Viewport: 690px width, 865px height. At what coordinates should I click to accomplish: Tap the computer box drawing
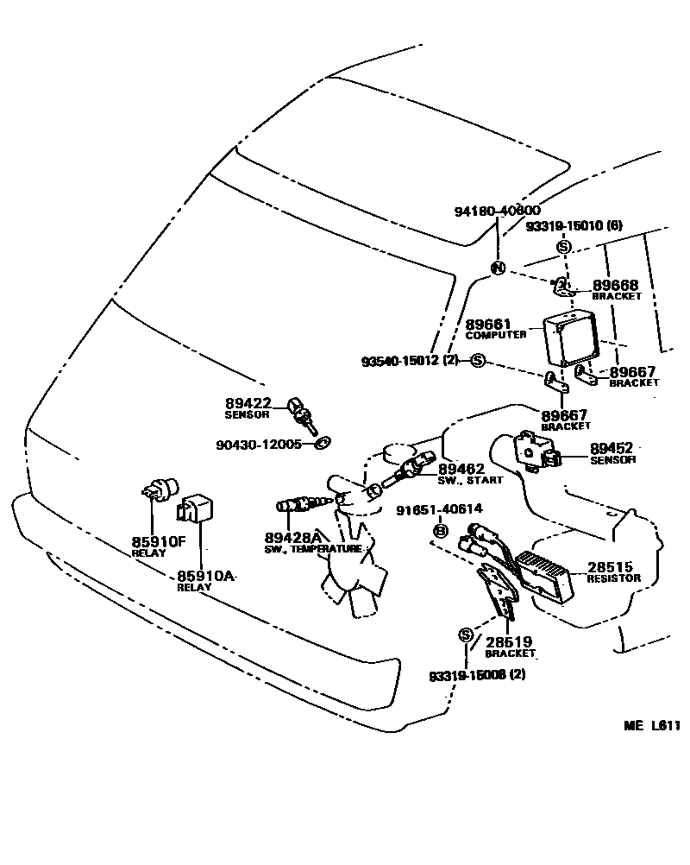(569, 339)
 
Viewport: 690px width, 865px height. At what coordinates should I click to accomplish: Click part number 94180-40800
(498, 212)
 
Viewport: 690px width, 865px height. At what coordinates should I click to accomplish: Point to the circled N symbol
(498, 268)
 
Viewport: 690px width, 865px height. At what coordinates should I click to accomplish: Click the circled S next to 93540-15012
(479, 360)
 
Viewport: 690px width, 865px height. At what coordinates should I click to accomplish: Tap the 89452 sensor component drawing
(532, 451)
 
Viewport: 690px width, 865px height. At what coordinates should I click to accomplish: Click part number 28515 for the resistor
(611, 567)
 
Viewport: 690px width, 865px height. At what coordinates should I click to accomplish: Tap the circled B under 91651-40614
(439, 530)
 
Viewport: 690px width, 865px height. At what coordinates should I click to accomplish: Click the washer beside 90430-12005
(323, 444)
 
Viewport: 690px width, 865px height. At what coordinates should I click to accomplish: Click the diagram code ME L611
(652, 726)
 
